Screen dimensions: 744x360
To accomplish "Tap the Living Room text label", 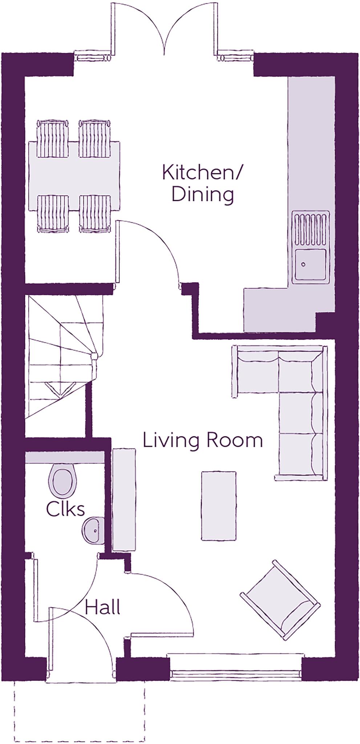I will pyautogui.click(x=202, y=440).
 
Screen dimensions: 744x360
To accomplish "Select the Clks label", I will pyautogui.click(x=65, y=509).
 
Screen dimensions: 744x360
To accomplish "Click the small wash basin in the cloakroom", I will pyautogui.click(x=93, y=530).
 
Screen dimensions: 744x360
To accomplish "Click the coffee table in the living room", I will pyautogui.click(x=219, y=506).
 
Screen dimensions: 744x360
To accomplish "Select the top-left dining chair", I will pyautogui.click(x=53, y=139).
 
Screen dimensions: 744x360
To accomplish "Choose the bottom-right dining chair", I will pyautogui.click(x=94, y=213).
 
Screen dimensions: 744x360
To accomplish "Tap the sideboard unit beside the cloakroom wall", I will pyautogui.click(x=124, y=500).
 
